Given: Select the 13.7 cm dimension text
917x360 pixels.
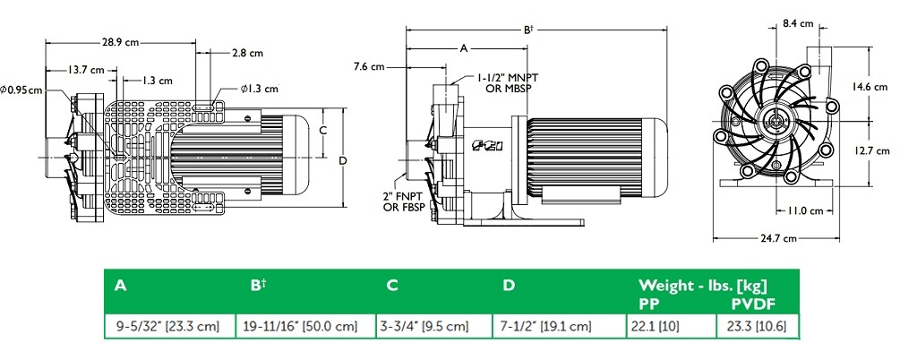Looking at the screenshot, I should (x=84, y=70).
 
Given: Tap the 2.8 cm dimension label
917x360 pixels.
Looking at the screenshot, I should (x=246, y=54).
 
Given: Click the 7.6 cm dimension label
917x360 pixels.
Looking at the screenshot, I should (x=369, y=66).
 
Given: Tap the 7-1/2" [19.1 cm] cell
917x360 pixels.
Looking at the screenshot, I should (x=546, y=326).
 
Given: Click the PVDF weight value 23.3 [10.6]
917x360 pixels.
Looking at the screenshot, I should (x=758, y=326).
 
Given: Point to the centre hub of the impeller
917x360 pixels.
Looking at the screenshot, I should (x=776, y=119).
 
